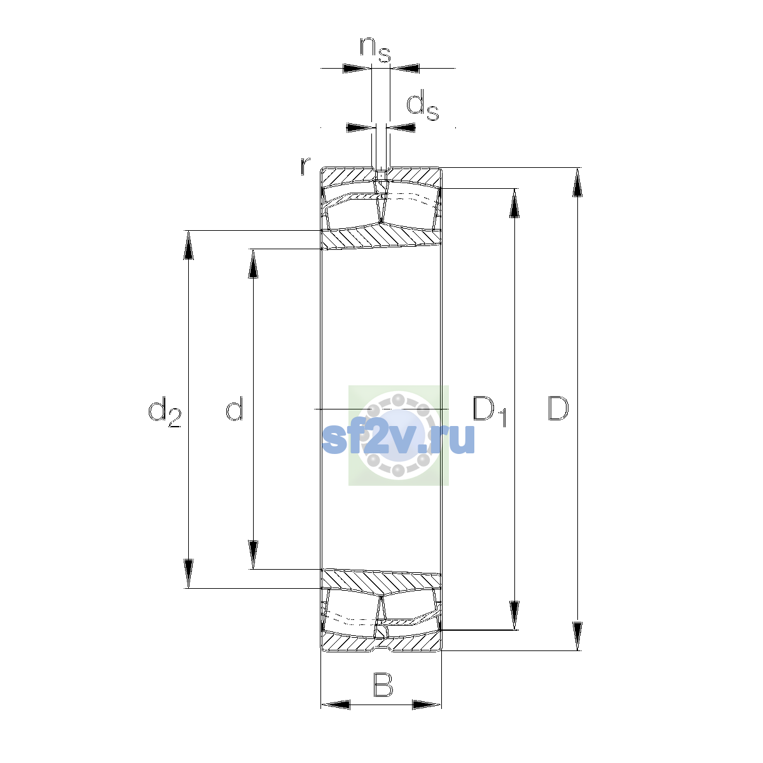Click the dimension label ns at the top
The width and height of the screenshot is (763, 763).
pos(375,50)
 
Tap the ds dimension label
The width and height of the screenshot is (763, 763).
pos(423,105)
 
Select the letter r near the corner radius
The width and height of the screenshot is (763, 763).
pos(305,166)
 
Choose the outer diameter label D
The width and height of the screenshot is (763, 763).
pos(558,408)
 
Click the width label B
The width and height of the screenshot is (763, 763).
pos(383,684)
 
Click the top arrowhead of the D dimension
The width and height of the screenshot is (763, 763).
pos(577,182)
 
